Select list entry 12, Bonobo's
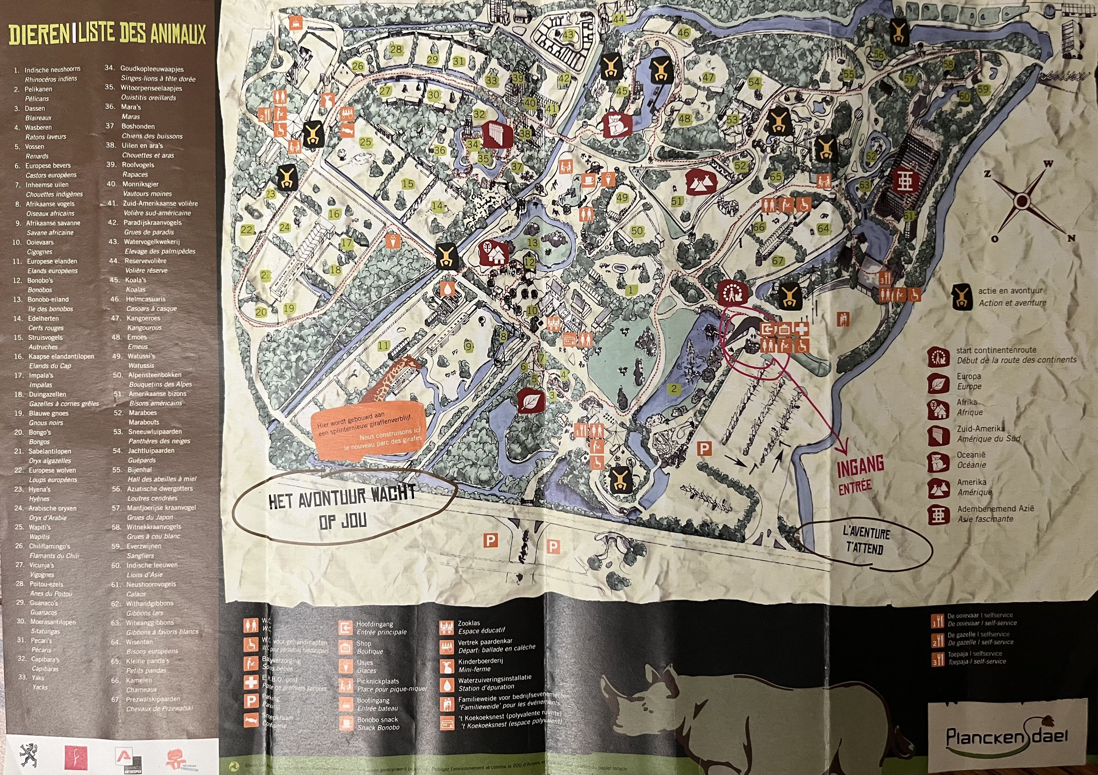pyautogui.click(x=40, y=280)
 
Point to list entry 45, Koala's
pyautogui.click(x=135, y=280)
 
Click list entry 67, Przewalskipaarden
pyautogui.click(x=153, y=699)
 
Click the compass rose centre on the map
pyautogui.click(x=1021, y=201)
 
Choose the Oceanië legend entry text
pyautogui.click(x=971, y=455)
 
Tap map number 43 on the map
pyautogui.click(x=568, y=35)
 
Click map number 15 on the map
pyautogui.click(x=407, y=184)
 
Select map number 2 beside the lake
pyautogui.click(x=674, y=389)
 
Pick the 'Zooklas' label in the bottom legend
pyautogui.click(x=469, y=623)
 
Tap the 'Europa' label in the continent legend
pyautogui.click(x=969, y=376)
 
